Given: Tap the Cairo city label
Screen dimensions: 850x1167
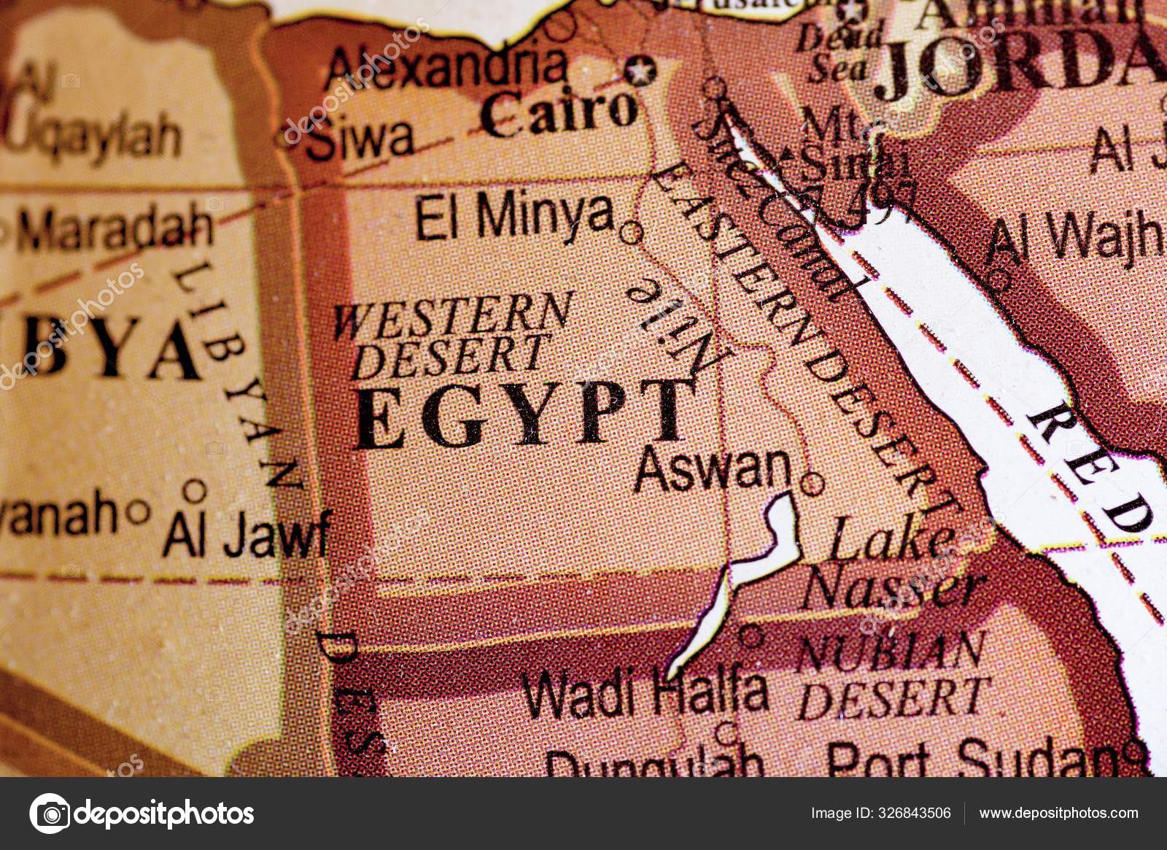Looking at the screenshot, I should pos(558,113).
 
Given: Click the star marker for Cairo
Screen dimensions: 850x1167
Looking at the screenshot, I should pos(642,72).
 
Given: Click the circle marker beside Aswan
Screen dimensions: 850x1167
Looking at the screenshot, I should pos(812,483).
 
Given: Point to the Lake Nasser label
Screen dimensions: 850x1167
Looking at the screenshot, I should pos(893,565).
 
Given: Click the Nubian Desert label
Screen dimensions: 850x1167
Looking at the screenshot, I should pos(893,675).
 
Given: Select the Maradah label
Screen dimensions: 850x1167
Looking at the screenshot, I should pos(113,228).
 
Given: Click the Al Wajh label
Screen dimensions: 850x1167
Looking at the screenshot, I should pos(1076,237).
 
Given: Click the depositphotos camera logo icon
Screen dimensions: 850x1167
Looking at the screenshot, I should pos(50,813).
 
